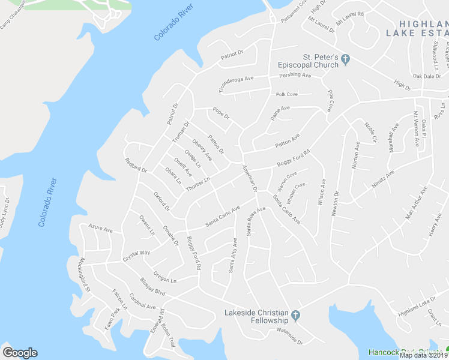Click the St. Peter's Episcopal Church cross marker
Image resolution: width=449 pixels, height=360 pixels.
[x=346, y=59]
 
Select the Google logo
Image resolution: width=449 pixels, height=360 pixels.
[x=20, y=352]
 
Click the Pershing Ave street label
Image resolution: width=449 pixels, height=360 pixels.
[x=295, y=76]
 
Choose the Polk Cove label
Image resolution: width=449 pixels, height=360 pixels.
[x=287, y=94]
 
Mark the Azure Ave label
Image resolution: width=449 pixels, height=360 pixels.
[x=100, y=229]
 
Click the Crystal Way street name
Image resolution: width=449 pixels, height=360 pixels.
[x=136, y=256]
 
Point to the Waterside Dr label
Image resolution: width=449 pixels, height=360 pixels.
[x=290, y=338]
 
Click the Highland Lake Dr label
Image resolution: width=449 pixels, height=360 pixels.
[x=417, y=306]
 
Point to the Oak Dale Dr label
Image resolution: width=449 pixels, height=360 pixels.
[x=427, y=76]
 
